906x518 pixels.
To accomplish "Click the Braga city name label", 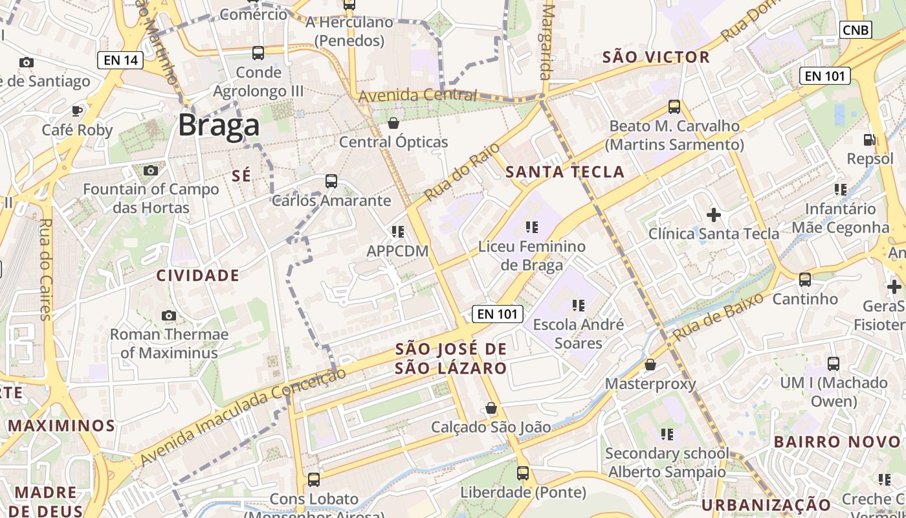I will point(219,125).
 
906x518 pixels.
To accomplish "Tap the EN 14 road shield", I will point(120,60).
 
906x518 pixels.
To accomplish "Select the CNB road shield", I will point(856,30).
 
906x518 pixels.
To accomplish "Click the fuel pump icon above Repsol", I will point(870,139).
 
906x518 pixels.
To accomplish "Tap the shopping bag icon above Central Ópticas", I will point(393,123).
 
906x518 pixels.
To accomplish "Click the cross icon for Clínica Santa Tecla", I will point(714,214).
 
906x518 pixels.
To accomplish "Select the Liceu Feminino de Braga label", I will point(531,256).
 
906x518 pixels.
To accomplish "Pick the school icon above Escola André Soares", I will point(578,304).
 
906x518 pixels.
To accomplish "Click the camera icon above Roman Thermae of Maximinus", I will point(169,315).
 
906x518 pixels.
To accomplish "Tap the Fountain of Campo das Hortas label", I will point(151,198).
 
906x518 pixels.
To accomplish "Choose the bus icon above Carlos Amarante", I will point(331,181).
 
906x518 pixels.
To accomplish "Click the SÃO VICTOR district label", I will point(656,57).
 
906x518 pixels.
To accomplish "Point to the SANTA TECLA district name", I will point(564,172).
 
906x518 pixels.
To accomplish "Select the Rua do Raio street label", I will point(462,172).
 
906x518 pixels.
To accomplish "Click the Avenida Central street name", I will point(417,95).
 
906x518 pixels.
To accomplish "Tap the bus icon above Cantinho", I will point(805,280).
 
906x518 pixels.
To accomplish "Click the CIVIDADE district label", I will point(198,275).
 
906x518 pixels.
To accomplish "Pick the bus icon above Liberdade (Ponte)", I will point(523,473).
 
